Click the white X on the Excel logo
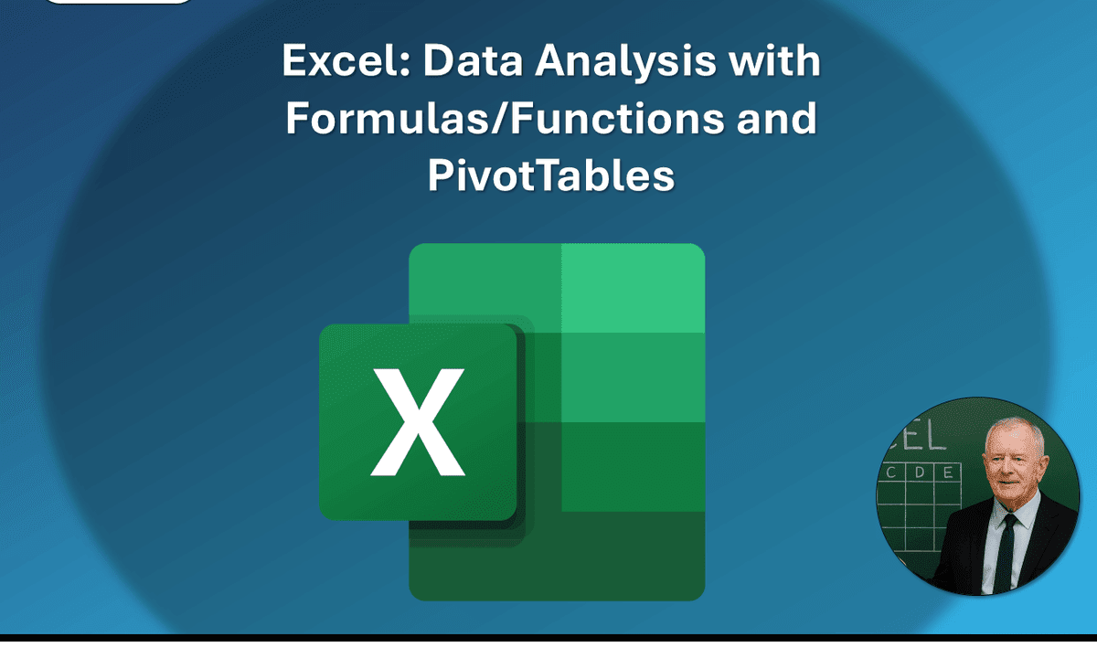click(x=418, y=421)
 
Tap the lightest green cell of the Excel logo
click(x=633, y=288)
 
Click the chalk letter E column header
click(x=947, y=472)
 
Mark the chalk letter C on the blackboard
click(x=890, y=473)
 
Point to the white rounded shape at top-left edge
click(x=119, y=3)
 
